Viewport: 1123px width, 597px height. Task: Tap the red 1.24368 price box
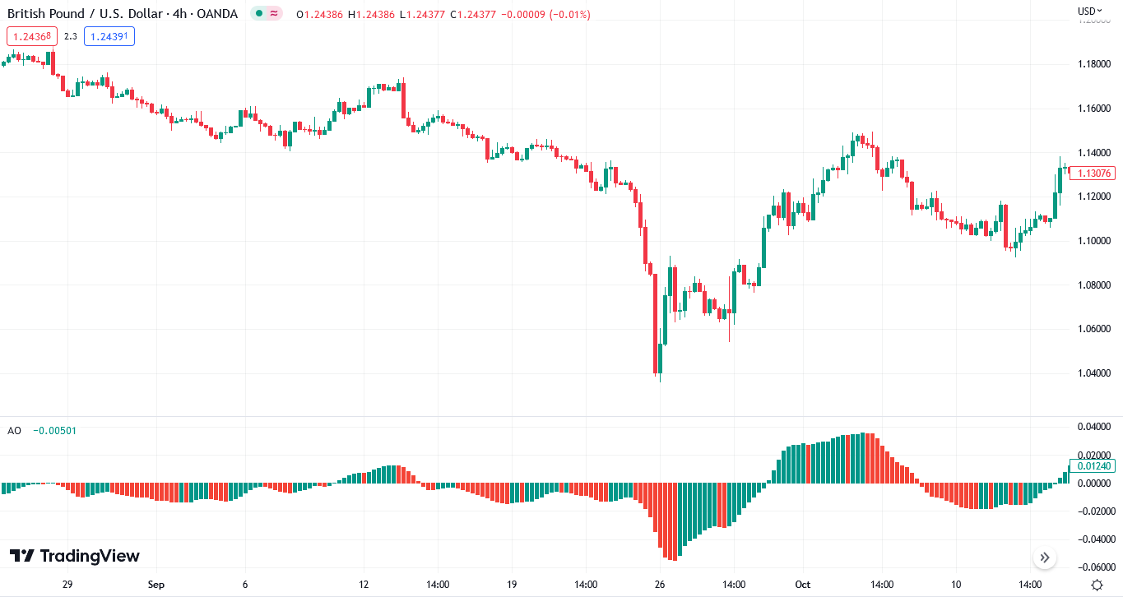[32, 36]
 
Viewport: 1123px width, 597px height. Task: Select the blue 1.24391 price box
[109, 36]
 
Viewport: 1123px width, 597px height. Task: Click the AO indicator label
[14, 431]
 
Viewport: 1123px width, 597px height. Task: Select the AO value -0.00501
[54, 431]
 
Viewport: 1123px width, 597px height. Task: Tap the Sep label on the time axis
[156, 585]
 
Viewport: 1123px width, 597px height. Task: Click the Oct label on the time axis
[802, 585]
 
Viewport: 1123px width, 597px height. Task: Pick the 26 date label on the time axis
[660, 585]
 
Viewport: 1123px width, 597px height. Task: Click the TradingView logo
[75, 557]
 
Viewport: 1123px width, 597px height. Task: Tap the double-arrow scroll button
[1045, 558]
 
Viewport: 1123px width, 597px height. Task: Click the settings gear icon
[1097, 585]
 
